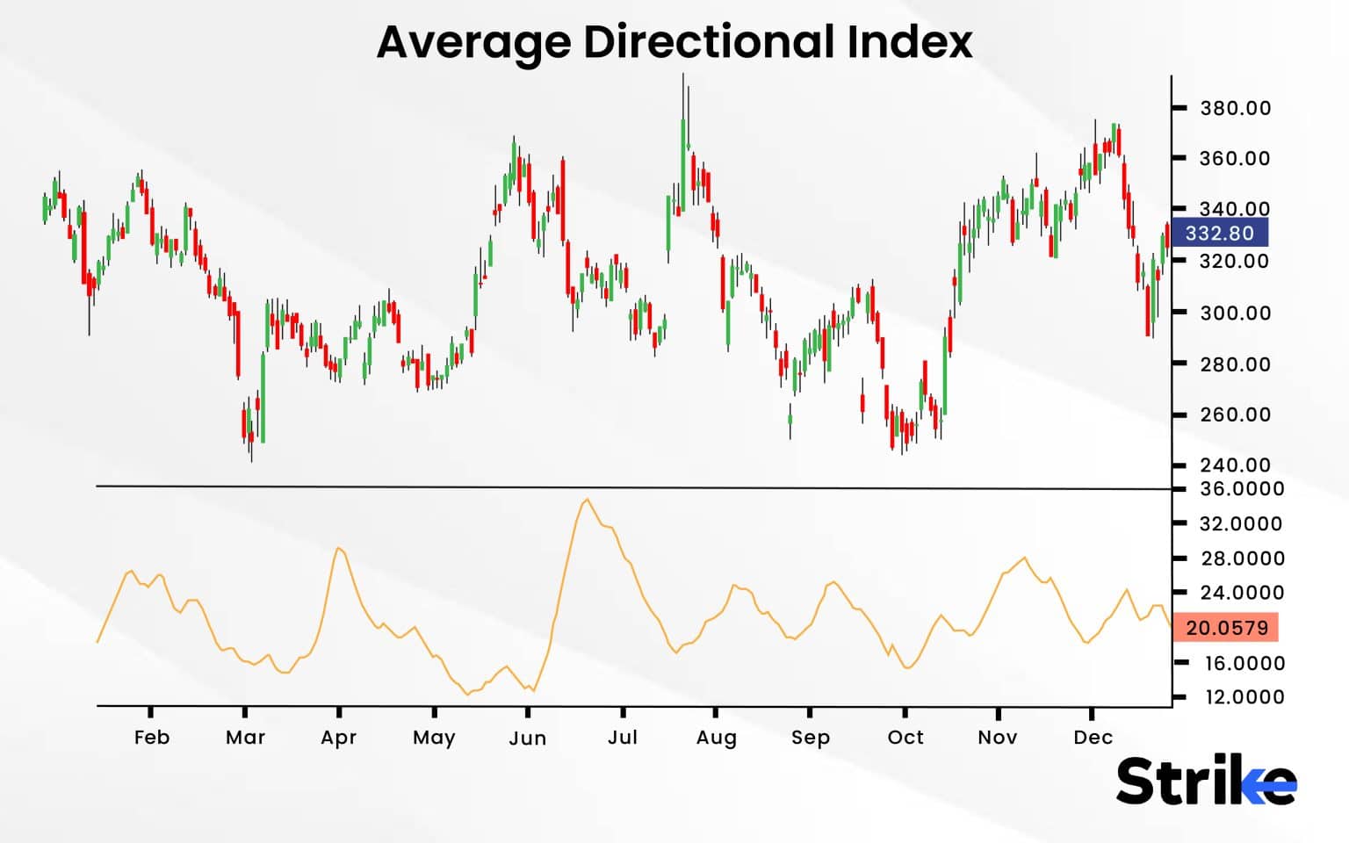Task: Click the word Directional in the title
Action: pos(710,41)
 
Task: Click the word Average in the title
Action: pos(473,41)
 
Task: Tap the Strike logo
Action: pos(1205,780)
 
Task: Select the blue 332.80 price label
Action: pos(1219,234)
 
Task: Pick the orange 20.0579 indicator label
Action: pos(1226,628)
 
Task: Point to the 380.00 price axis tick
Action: pos(1235,108)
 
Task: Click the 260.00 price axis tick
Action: pos(1235,414)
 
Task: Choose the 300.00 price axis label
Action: pos(1235,313)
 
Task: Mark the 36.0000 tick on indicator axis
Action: pos(1241,489)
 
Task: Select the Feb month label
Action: pos(151,738)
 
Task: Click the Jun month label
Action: pos(527,739)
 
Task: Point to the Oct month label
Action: pos(905,738)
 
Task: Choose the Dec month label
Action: pos(1093,738)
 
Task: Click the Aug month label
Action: pos(716,738)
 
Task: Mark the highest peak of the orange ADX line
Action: pos(587,500)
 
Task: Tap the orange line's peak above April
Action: pos(339,548)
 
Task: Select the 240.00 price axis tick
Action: pos(1235,465)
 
